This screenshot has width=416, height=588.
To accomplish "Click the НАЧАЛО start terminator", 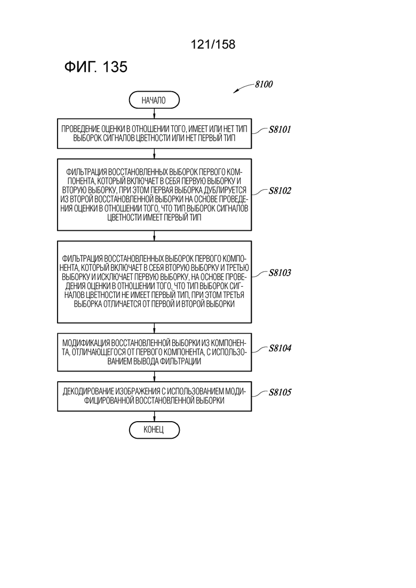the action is click(x=154, y=100).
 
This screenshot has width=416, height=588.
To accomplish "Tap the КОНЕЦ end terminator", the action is click(x=154, y=430).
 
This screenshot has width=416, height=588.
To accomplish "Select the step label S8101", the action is click(x=279, y=130).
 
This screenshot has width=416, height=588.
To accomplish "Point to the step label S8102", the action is click(x=279, y=191).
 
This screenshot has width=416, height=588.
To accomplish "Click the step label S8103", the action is click(x=279, y=272).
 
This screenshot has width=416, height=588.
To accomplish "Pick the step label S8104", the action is click(x=279, y=348).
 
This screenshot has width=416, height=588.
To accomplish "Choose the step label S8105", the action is click(x=279, y=392).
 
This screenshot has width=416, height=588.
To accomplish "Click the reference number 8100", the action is click(x=263, y=84).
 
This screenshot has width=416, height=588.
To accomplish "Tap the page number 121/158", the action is click(x=213, y=44).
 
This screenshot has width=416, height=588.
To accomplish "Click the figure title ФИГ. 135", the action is click(x=96, y=67).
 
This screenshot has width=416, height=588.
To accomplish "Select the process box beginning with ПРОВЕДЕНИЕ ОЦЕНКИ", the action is click(x=154, y=134).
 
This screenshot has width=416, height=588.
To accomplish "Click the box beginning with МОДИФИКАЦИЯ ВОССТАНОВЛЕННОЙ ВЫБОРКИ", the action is click(x=154, y=352).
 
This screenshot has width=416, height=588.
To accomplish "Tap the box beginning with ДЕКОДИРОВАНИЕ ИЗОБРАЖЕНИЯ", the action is click(x=154, y=397).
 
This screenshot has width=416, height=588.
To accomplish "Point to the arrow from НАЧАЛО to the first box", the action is click(x=154, y=114).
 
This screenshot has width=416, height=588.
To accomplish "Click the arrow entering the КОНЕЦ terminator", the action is click(x=154, y=416).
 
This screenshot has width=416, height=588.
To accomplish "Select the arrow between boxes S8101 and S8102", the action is click(x=154, y=154).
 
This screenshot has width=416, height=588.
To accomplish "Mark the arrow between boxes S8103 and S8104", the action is click(x=154, y=328).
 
